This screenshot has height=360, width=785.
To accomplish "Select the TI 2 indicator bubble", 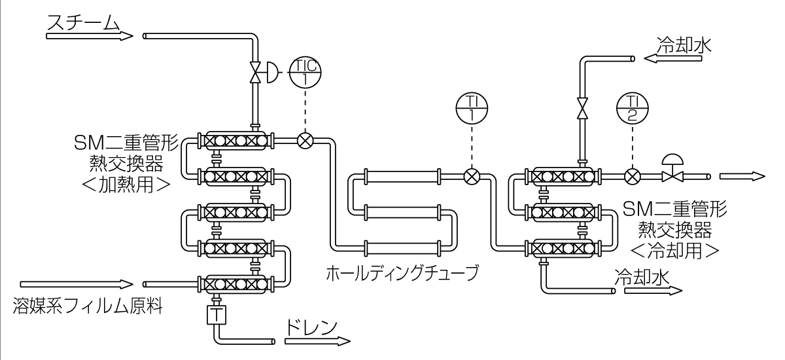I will click(632, 108).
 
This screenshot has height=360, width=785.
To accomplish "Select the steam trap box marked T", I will click(215, 315).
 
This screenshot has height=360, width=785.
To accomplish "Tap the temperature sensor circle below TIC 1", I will click(305, 141).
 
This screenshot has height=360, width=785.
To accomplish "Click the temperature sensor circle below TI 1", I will click(470, 176).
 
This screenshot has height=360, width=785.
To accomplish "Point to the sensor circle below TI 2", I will click(632, 176).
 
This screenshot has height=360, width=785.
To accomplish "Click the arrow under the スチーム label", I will click(89, 36).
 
